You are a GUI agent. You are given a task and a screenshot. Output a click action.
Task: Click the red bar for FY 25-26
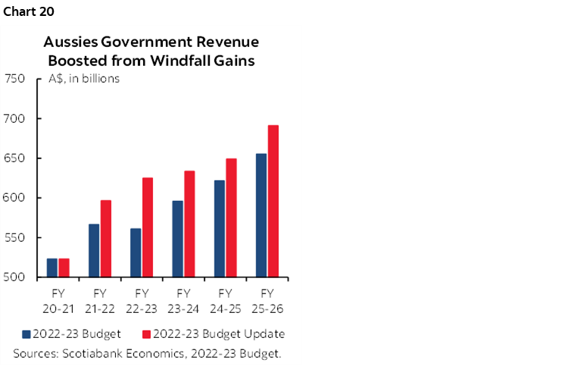tap(273, 202)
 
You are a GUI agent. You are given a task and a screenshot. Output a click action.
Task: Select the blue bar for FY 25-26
tap(261, 215)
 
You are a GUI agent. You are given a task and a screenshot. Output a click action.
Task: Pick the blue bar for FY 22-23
tap(136, 252)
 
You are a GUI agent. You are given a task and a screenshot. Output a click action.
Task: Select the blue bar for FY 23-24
tap(178, 239)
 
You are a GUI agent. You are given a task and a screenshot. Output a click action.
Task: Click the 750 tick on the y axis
tap(16, 79)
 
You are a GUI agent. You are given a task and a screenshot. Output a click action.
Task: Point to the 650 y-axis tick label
tap(16, 158)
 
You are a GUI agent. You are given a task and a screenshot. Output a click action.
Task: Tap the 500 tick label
tap(16, 277)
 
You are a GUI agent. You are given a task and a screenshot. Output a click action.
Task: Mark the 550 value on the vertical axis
tap(16, 238)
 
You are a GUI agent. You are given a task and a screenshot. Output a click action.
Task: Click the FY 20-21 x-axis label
tap(58, 299)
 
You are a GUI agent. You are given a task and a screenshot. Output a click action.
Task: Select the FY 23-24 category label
tap(183, 299)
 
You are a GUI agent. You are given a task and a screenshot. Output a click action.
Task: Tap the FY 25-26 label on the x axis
tap(267, 299)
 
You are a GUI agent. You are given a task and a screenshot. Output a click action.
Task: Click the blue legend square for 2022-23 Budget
tap(27, 334)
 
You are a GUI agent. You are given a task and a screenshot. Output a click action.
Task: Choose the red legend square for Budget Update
tap(146, 334)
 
